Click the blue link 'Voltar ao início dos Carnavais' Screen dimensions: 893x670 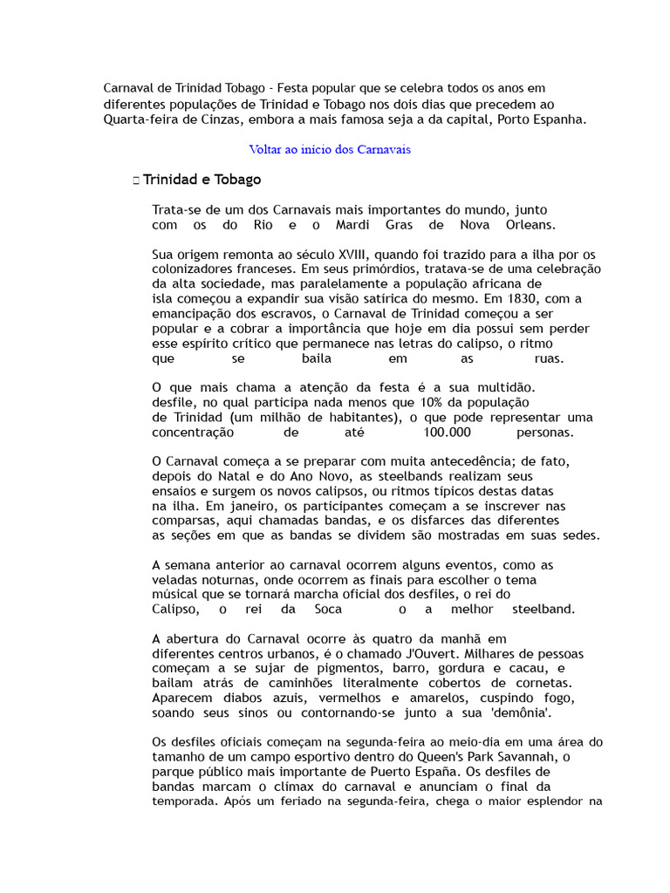coord(330,149)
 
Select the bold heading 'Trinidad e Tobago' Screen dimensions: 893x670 coord(202,180)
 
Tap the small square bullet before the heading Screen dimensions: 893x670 coord(136,181)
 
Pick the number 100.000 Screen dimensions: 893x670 coord(447,433)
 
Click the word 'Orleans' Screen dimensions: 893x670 coord(523,225)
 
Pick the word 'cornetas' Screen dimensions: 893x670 coord(541,683)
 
